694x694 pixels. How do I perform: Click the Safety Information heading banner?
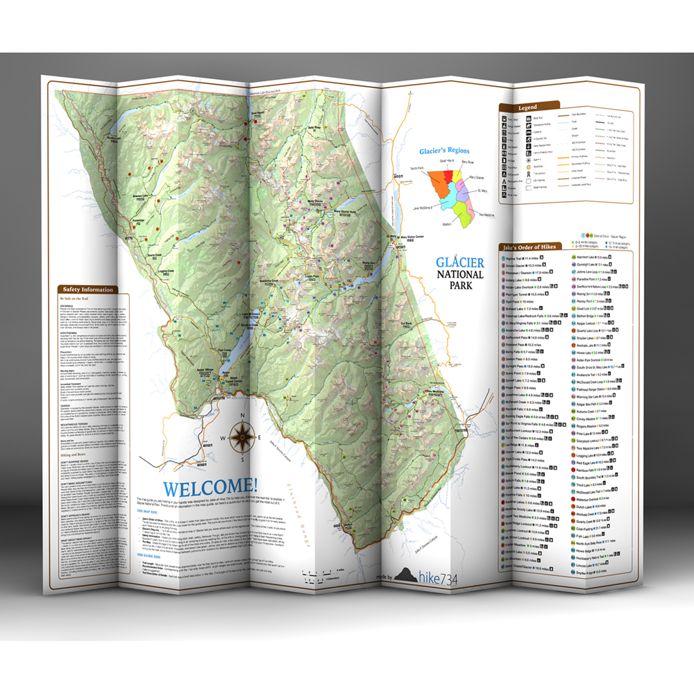(89, 289)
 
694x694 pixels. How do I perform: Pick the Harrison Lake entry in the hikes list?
(591, 257)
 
